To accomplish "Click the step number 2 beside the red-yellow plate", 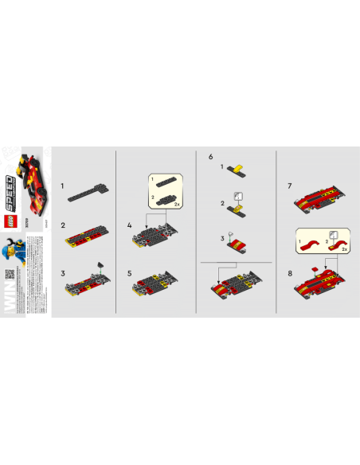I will click(x=62, y=228).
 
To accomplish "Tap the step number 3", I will click(x=62, y=273).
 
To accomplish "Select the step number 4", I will click(x=129, y=227).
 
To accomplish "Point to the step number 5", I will click(x=129, y=273).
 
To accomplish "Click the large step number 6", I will click(x=210, y=157).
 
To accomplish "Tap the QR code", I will click(x=11, y=275).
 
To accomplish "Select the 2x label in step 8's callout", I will click(x=345, y=249).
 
